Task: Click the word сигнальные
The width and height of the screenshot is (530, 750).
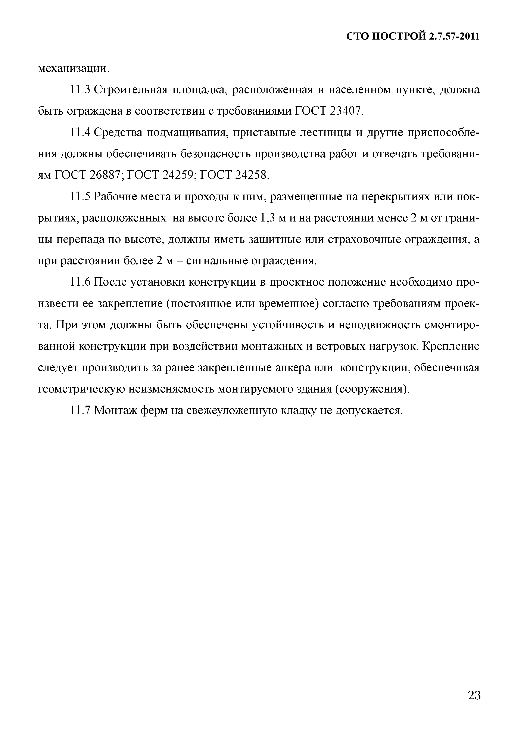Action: pos(216,261)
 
